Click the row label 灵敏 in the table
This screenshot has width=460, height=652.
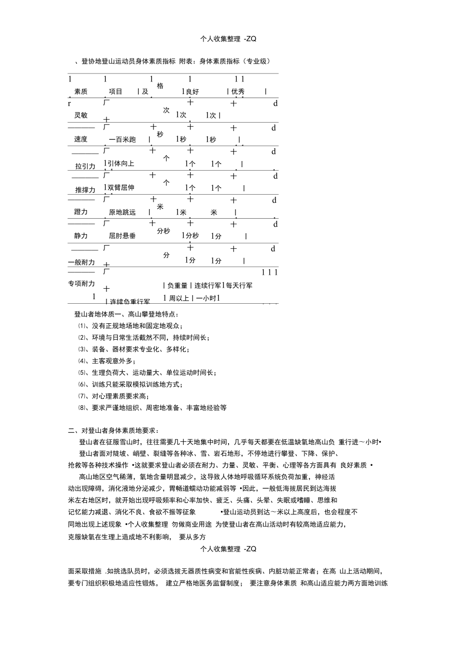pyautogui.click(x=81, y=115)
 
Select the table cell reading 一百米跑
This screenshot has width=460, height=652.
pyautogui.click(x=122, y=140)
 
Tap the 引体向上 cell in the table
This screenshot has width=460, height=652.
pyautogui.click(x=120, y=164)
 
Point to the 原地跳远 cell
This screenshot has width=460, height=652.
pyautogui.click(x=122, y=212)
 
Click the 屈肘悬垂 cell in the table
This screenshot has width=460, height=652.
pyautogui.click(x=122, y=236)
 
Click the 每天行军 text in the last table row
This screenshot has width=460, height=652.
pyautogui.click(x=239, y=285)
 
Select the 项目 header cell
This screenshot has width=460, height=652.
pyautogui.click(x=116, y=91)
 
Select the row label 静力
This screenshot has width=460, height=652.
pyautogui.click(x=81, y=236)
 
